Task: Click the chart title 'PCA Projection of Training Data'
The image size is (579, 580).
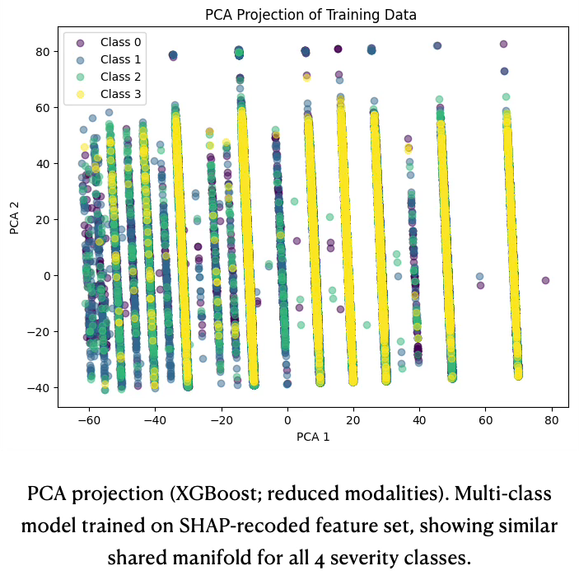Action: (311, 15)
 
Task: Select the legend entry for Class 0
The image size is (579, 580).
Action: (120, 42)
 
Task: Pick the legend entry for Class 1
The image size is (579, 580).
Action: (120, 59)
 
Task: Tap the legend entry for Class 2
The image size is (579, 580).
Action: (120, 77)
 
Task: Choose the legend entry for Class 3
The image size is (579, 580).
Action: (120, 94)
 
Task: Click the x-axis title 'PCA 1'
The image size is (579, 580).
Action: (313, 437)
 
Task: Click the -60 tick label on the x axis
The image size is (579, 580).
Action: (89, 419)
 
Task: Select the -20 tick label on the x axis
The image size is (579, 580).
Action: (221, 419)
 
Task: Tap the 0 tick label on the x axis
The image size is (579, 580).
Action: (287, 419)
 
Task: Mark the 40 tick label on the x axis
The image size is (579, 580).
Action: (419, 419)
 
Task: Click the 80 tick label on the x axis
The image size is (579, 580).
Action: (551, 419)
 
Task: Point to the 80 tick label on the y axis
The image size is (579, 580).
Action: (43, 51)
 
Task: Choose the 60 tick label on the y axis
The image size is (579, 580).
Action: (43, 107)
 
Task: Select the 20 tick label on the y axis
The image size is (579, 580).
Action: (43, 219)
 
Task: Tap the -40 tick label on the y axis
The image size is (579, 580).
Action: (40, 387)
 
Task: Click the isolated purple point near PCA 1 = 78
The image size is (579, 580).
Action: (545, 280)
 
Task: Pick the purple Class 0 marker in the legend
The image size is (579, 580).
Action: (80, 42)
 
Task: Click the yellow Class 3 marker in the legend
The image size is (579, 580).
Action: (80, 94)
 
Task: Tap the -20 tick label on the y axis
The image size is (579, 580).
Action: (40, 331)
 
